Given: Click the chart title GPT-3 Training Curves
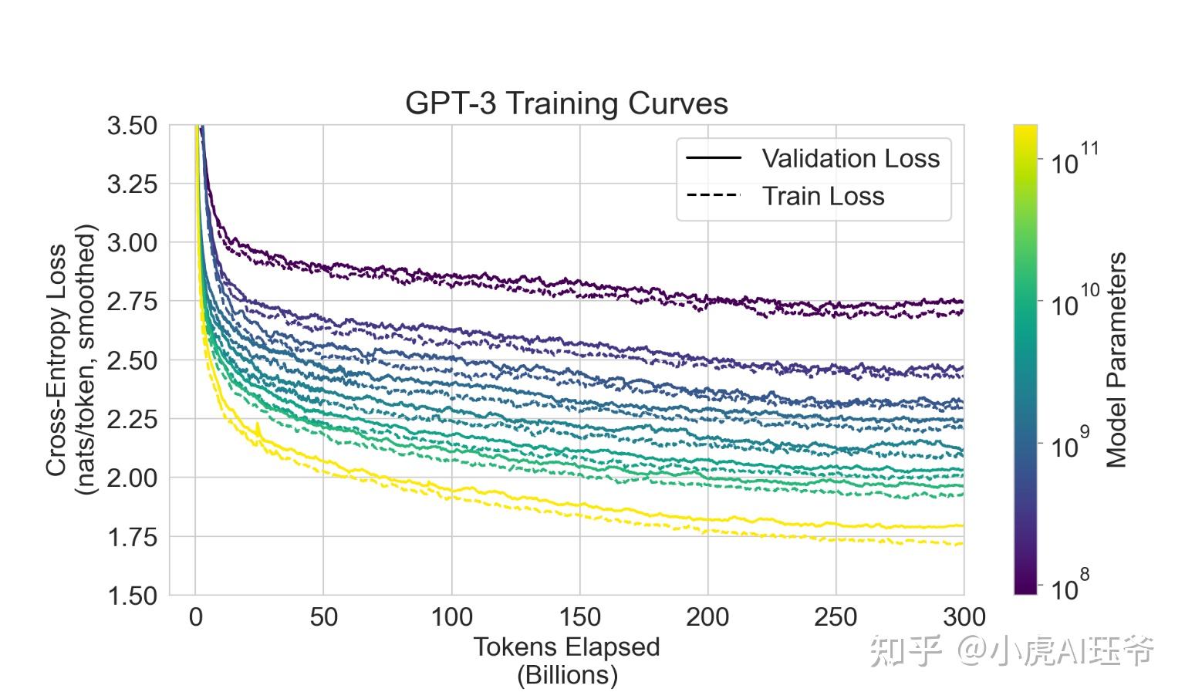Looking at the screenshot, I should (x=566, y=103).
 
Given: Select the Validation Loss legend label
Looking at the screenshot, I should (x=850, y=158).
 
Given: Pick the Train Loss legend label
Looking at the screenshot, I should (x=822, y=196).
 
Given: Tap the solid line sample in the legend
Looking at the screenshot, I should (x=713, y=158).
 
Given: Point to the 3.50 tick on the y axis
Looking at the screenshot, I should (x=132, y=126).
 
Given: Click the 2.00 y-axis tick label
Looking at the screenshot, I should (x=132, y=478).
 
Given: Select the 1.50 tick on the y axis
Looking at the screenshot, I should (x=132, y=596).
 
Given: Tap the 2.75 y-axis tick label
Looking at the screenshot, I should (x=132, y=302).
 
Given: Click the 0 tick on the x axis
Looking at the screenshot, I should (x=195, y=617).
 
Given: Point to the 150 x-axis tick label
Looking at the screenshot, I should (x=579, y=617).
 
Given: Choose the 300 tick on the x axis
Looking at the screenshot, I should (x=964, y=617).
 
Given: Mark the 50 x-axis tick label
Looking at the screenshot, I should (x=323, y=617).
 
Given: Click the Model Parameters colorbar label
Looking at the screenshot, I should (x=1116, y=360).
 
